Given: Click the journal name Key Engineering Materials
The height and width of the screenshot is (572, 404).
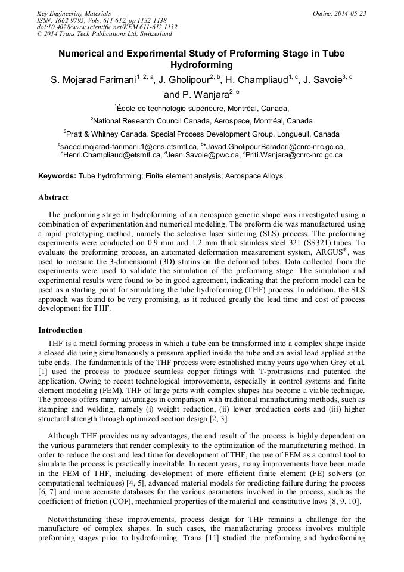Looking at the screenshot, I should tap(74, 13).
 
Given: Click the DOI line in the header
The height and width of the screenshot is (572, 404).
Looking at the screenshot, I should tap(107, 27).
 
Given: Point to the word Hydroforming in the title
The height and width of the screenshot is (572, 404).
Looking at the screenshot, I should tap(201, 64).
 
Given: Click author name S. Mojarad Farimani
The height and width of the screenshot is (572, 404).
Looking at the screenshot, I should tap(93, 79).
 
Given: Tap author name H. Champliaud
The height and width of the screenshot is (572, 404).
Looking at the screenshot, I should tap(256, 79).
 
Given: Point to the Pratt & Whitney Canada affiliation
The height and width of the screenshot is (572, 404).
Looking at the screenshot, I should tap(203, 134).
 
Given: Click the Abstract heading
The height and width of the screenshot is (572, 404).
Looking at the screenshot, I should tap(53, 197).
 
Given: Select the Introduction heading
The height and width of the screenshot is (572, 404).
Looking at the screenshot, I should tap(60, 330).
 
